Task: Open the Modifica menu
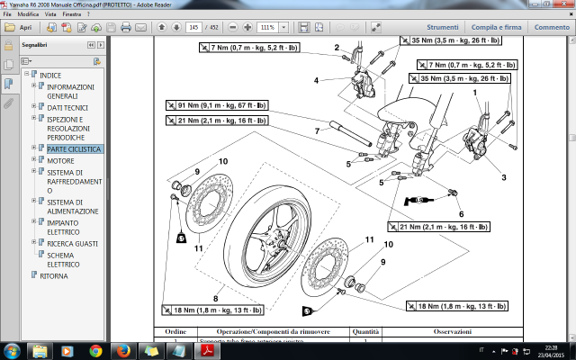tap(27, 15)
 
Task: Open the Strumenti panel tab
tap(443, 28)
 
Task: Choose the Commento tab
tap(552, 28)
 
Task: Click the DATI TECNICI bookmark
tap(67, 106)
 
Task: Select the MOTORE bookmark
tap(60, 160)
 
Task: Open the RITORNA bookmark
tap(53, 275)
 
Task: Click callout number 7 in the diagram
tap(317, 131)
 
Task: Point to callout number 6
tap(461, 214)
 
